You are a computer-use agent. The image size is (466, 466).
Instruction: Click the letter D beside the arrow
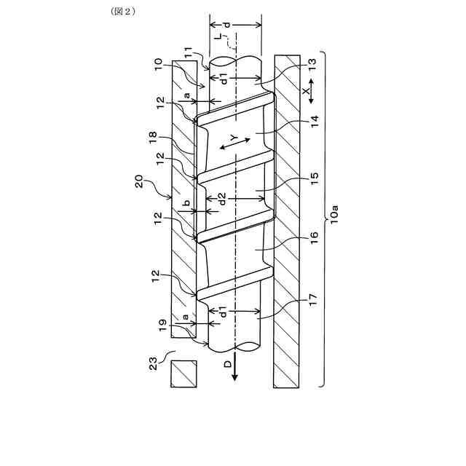coord(227,363)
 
